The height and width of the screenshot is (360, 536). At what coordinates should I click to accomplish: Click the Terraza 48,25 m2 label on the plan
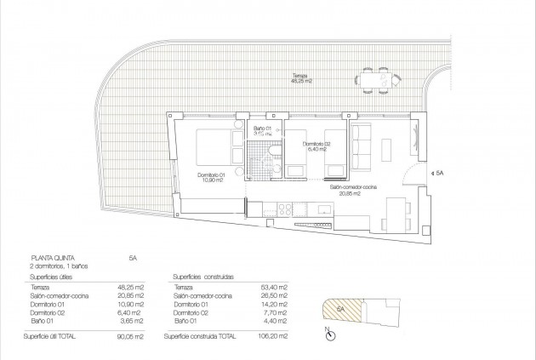tap(299, 78)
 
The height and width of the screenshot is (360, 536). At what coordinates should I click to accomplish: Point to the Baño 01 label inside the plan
tap(262, 131)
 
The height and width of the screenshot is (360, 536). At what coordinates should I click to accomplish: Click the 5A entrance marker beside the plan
tap(439, 170)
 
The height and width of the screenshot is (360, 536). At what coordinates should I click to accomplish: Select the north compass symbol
tap(328, 334)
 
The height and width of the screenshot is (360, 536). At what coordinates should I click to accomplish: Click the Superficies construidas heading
tap(203, 277)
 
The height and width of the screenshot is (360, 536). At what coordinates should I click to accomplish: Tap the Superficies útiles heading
tap(54, 277)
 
